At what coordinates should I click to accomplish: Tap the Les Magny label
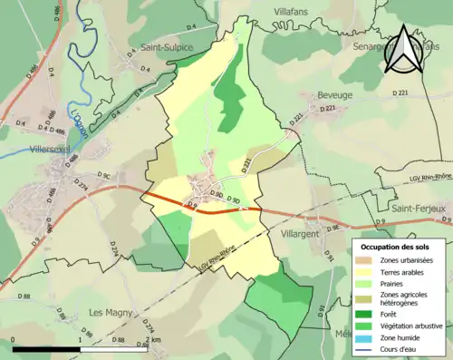108,312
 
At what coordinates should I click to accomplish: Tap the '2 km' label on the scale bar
150,340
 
